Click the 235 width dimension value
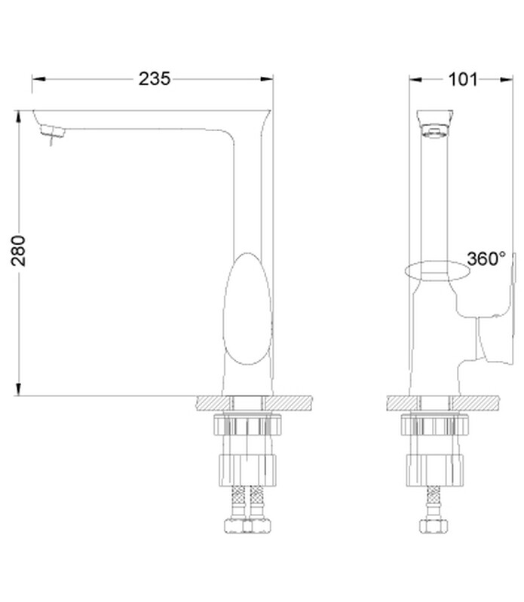(x=155, y=78)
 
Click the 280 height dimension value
(x=18, y=251)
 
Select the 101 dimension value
(x=463, y=79)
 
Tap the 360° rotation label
(x=486, y=258)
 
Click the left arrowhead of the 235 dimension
(x=38, y=79)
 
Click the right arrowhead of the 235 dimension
(x=267, y=79)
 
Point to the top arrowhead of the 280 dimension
(x=18, y=117)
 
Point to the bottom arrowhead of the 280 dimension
(x=18, y=390)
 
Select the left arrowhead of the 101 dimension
(x=415, y=79)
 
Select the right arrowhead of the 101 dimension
(x=507, y=79)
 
